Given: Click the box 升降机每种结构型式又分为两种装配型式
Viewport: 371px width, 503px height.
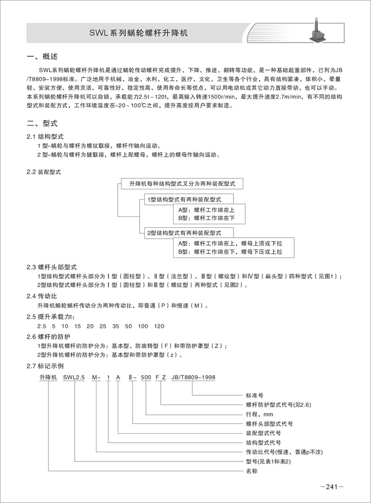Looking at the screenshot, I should [182, 183].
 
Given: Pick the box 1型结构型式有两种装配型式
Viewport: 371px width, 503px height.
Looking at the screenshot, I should [184, 199].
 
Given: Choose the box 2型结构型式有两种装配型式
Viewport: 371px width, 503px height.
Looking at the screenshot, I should [184, 232].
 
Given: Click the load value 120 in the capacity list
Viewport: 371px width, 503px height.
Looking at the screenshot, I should [159, 327].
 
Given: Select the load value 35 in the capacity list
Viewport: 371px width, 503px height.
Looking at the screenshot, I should [116, 327].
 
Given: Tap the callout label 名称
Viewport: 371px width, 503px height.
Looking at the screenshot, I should [252, 471].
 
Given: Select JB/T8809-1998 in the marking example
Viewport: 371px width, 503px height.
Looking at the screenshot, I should [193, 377].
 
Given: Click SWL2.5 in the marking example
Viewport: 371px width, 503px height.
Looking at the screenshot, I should [75, 377].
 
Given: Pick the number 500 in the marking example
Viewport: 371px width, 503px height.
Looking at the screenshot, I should [146, 377].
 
